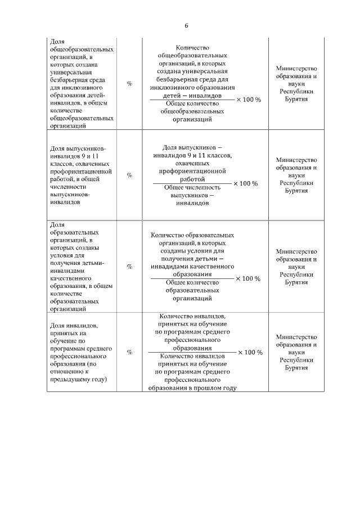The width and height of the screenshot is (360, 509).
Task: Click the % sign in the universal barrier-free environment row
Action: tap(129, 83)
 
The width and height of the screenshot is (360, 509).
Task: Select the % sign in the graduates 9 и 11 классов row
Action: tap(129, 175)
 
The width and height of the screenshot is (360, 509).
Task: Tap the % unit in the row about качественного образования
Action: tap(129, 267)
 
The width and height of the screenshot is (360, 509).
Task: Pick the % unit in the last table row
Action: tap(129, 352)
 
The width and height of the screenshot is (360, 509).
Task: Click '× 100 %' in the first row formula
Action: tap(248, 100)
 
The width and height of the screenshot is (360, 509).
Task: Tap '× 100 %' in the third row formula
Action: tap(247, 278)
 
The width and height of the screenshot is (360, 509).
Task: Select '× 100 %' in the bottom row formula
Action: tap(249, 352)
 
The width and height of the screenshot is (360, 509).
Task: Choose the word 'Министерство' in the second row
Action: tap(296, 160)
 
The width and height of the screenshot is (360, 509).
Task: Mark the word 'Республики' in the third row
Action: tap(296, 274)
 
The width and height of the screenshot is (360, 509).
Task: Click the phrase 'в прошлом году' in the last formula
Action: tap(213, 388)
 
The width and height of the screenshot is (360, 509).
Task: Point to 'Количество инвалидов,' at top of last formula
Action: tap(192, 317)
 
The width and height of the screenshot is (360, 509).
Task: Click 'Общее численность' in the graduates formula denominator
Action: tap(192, 188)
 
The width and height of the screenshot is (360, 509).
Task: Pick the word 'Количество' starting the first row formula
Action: tap(192, 48)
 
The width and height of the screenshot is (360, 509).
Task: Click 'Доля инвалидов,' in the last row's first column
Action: tap(74, 326)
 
